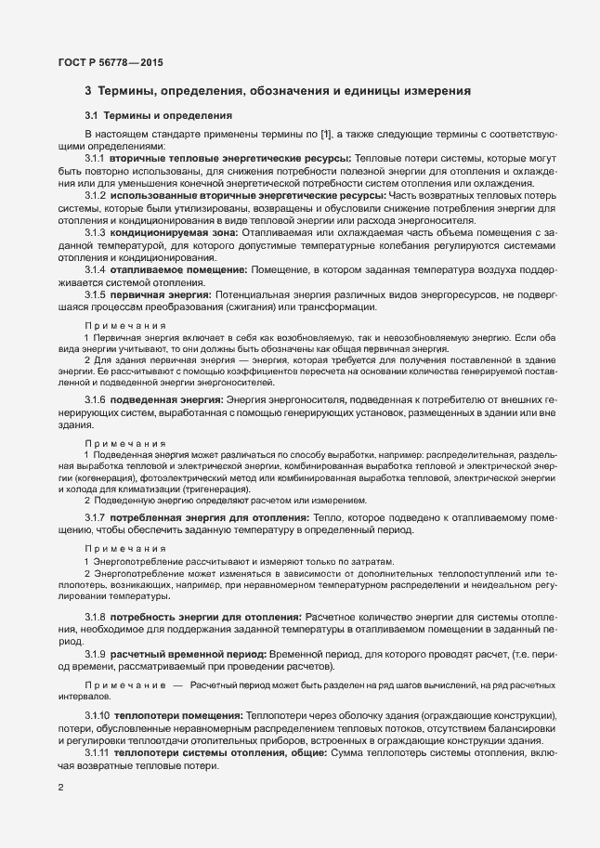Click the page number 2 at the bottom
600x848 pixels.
(60, 789)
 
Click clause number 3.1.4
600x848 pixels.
(96, 268)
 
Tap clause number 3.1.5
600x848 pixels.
(96, 294)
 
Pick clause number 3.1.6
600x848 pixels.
(96, 397)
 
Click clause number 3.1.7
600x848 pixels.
(96, 515)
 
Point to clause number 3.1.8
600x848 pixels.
(96, 617)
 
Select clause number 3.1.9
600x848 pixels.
(96, 655)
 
